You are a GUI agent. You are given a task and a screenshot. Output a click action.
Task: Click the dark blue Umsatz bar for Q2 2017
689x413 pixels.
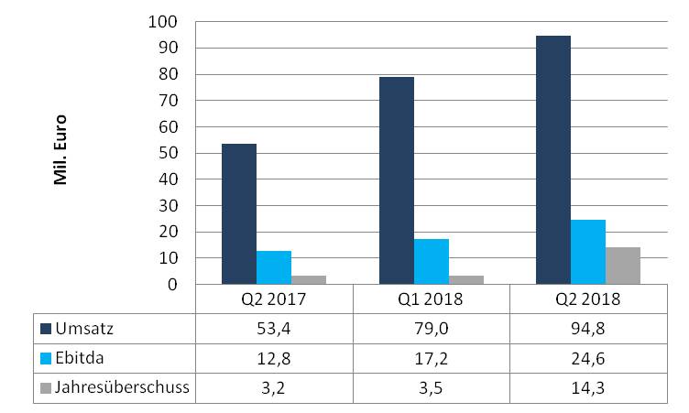239,214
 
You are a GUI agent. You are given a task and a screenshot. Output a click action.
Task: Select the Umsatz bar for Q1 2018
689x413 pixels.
397,180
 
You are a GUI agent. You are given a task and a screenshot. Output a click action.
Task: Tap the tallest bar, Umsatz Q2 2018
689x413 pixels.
553,160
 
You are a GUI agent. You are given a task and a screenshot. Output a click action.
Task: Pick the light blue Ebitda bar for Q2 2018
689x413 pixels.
588,252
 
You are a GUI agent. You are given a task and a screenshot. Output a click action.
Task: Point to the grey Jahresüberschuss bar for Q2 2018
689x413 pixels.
623,266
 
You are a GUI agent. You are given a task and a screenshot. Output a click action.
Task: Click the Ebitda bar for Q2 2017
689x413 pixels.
274,267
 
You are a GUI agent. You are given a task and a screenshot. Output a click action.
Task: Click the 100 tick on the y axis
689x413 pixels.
170,21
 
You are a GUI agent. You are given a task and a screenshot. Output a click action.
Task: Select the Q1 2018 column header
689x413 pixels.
431,299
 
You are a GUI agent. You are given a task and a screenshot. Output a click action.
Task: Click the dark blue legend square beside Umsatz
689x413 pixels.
46,328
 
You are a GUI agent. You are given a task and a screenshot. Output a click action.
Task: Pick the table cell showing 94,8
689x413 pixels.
587,328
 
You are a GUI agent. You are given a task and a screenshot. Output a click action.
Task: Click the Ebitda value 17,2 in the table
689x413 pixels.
431,358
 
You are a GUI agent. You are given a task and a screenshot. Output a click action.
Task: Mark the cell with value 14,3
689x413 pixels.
587,387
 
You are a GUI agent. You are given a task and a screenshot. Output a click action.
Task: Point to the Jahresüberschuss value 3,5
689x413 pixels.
431,387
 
